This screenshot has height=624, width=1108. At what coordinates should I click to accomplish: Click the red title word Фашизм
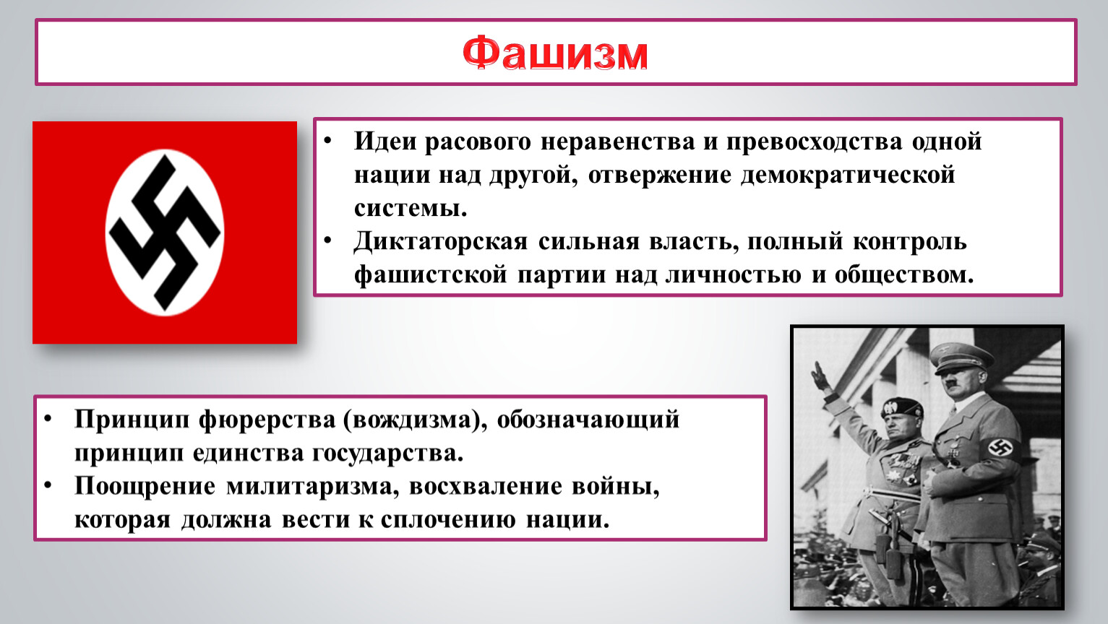click(555, 53)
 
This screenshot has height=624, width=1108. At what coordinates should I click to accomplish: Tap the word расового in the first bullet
click(478, 142)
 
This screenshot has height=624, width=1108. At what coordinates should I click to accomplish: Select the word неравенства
click(618, 142)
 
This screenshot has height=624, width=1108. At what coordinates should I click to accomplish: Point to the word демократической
click(848, 175)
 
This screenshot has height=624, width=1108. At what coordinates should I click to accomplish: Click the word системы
click(411, 208)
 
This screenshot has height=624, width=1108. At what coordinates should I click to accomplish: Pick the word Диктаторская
click(441, 242)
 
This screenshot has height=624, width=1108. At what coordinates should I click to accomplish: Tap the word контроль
click(910, 242)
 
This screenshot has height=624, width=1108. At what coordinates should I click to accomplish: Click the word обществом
click(904, 274)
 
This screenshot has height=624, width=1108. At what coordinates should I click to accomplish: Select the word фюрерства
click(267, 420)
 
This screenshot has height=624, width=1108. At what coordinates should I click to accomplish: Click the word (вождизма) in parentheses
click(414, 420)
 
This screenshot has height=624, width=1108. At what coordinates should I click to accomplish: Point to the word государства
click(387, 454)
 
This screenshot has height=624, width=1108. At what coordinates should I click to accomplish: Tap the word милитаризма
click(313, 487)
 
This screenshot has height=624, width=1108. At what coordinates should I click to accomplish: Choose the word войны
click(616, 487)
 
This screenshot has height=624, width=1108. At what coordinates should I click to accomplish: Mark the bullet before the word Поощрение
click(48, 485)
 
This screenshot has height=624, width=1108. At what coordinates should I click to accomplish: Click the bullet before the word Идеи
click(327, 140)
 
